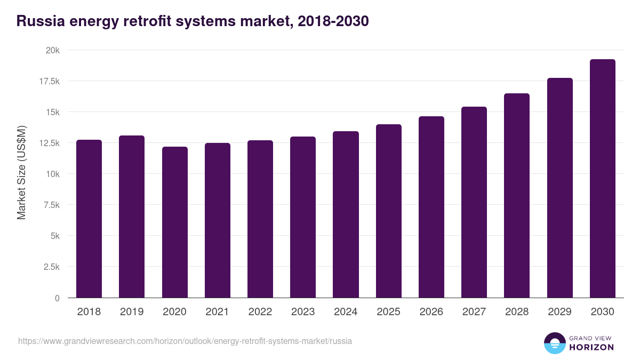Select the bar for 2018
click(x=89, y=219)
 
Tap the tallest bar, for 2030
click(x=603, y=179)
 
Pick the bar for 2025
click(x=389, y=211)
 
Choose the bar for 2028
click(x=517, y=195)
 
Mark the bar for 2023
click(x=303, y=217)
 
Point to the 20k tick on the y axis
click(x=52, y=50)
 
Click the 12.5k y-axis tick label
click(x=49, y=143)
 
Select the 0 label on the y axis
click(x=57, y=298)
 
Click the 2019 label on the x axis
click(x=132, y=312)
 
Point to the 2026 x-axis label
click(x=431, y=312)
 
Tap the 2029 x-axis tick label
click(x=559, y=312)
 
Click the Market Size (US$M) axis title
click(x=21, y=173)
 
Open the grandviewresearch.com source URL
click(x=185, y=341)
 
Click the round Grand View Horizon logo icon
click(x=554, y=343)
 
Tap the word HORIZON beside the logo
click(x=591, y=347)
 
